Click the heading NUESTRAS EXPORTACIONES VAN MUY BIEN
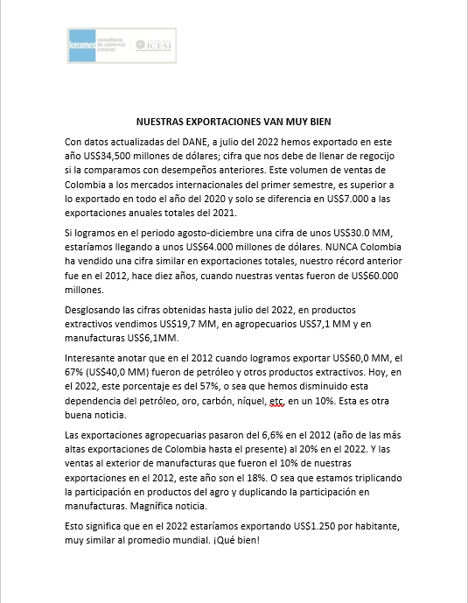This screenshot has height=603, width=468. pos(234,122)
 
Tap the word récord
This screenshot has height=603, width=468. pos(338,260)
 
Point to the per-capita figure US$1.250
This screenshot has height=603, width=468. pos(305,527)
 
